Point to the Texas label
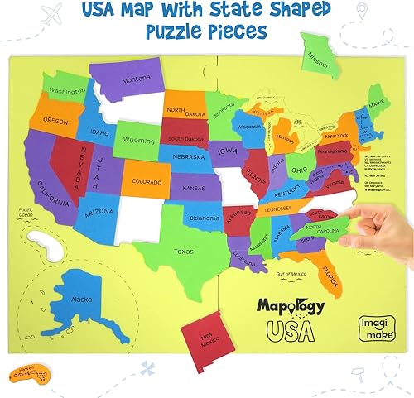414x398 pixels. click(x=184, y=251)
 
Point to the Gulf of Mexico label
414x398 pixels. click(x=290, y=273)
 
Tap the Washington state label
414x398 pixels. click(x=68, y=90)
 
